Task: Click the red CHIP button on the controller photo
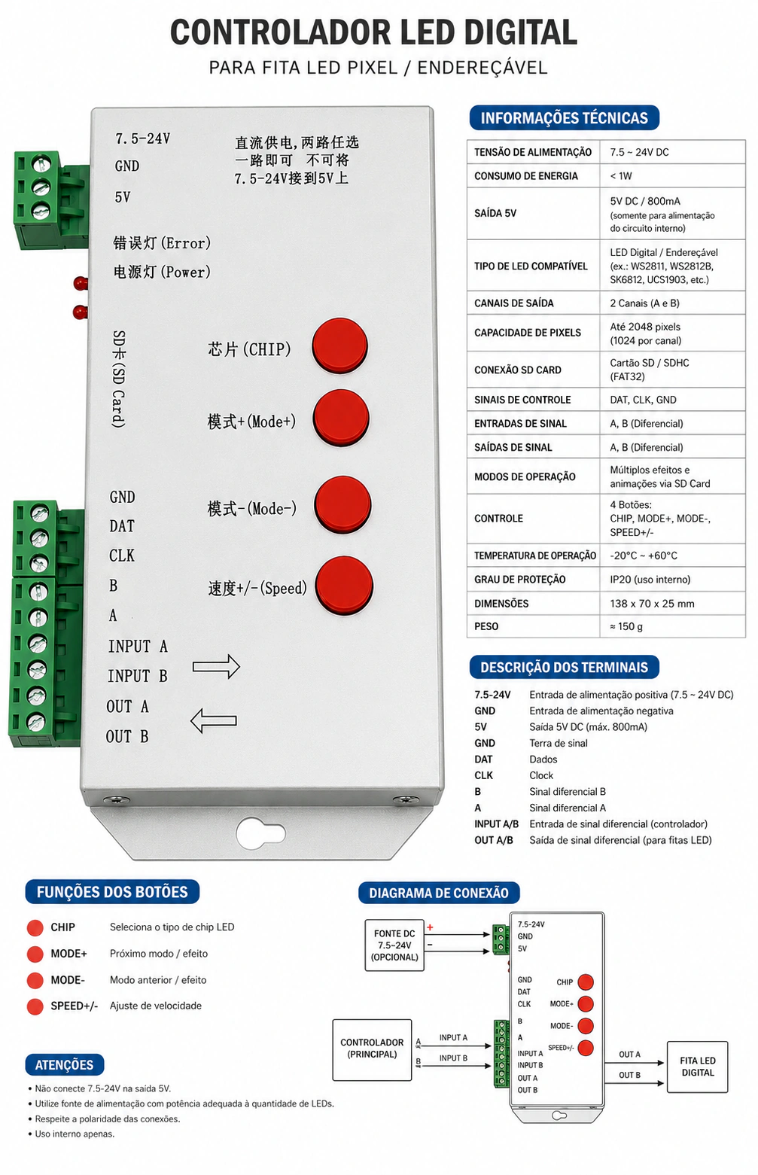340,345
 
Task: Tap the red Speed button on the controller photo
345,586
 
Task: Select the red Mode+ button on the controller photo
341,418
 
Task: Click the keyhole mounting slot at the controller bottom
260,832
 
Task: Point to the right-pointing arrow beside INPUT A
216,666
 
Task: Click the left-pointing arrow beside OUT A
214,720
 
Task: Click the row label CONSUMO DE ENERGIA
526,176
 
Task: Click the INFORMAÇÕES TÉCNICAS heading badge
564,118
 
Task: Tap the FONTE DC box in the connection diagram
394,945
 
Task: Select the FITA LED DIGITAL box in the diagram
697,1067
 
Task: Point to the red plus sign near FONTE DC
430,927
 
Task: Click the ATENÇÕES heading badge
65,1065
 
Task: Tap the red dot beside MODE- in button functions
35,980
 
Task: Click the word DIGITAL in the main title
520,32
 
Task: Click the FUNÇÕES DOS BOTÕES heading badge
112,892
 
